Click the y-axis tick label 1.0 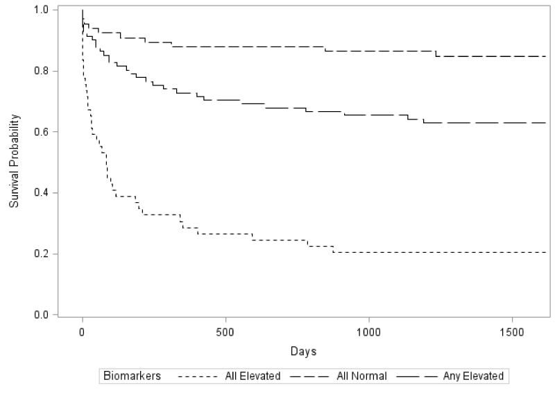click(x=41, y=10)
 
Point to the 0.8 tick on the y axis click(x=41, y=71)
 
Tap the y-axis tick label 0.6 click(x=41, y=132)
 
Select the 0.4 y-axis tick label click(x=41, y=193)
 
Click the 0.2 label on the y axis click(x=41, y=254)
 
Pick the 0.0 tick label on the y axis click(x=41, y=315)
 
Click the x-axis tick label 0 click(x=83, y=332)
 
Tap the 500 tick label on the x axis click(x=225, y=332)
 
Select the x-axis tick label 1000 click(x=369, y=332)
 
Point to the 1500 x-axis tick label click(x=512, y=332)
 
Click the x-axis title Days click(x=303, y=351)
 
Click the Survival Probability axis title click(x=14, y=161)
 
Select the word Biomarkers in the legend click(x=132, y=376)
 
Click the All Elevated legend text click(x=253, y=376)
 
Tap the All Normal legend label click(x=361, y=376)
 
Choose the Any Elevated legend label click(x=473, y=376)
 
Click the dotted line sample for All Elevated click(x=198, y=376)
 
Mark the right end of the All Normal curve click(x=546, y=56)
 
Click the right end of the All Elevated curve click(x=546, y=252)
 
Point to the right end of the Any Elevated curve click(x=546, y=123)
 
